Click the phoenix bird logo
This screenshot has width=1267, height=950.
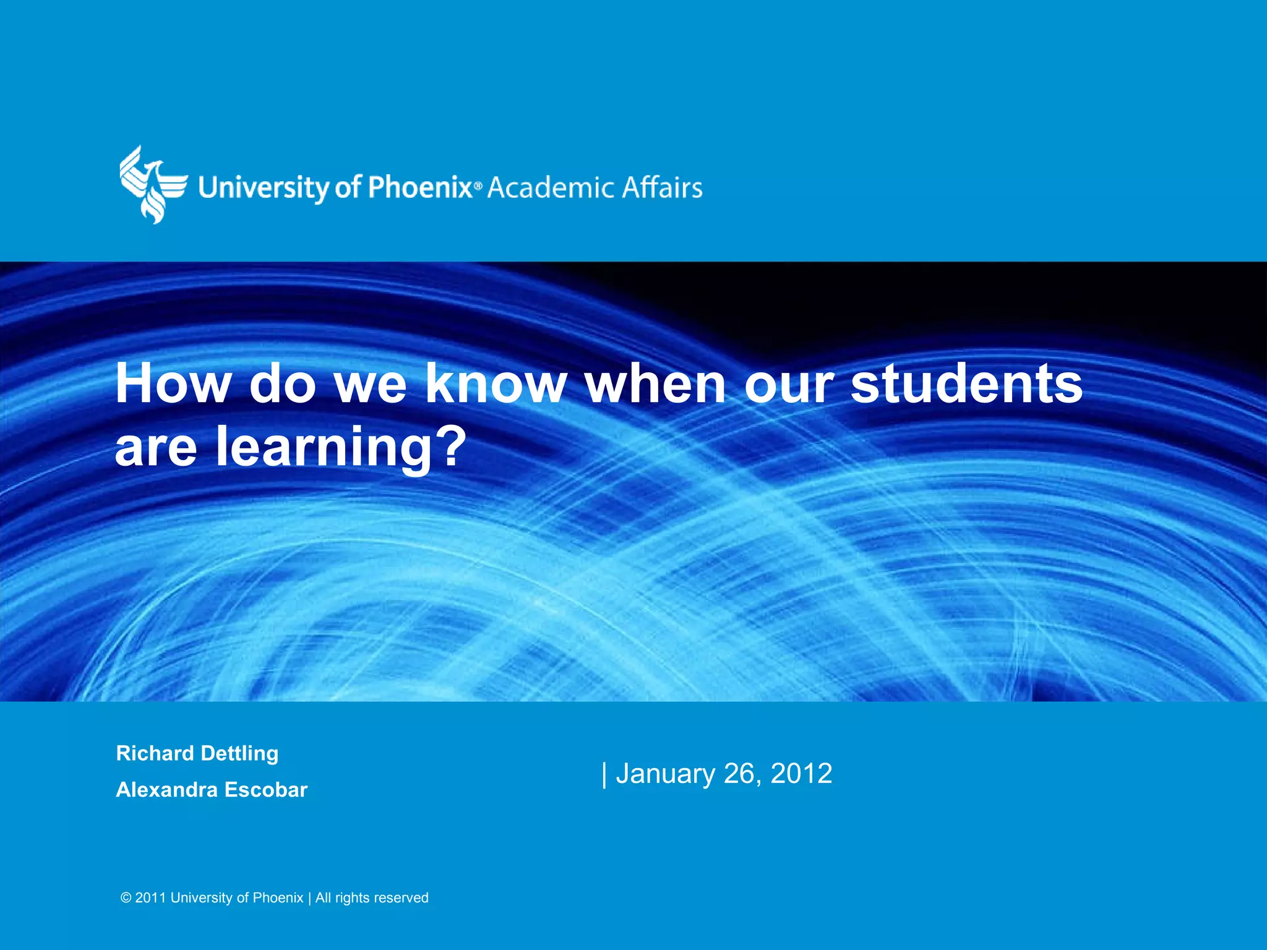point(152,184)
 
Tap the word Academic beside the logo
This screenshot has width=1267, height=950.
point(549,187)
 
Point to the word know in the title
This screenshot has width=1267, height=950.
point(496,383)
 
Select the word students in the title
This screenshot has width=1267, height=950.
point(966,383)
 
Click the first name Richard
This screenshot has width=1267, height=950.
point(155,753)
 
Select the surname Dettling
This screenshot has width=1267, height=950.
point(240,753)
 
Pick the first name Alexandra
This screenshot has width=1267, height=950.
point(166,790)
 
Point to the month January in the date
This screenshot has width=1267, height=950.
point(666,774)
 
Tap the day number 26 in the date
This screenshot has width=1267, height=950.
point(741,774)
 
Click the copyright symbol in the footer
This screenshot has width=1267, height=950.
point(126,898)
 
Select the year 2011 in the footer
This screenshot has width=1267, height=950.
point(150,898)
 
